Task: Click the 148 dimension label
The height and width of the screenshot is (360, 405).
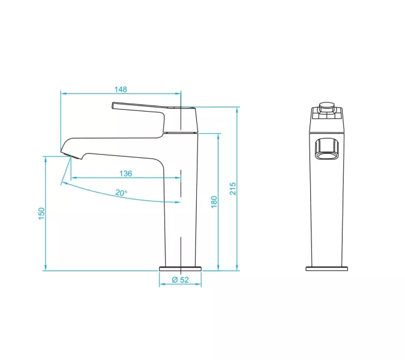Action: [x=121, y=89]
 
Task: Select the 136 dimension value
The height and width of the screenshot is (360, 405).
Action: [x=126, y=173]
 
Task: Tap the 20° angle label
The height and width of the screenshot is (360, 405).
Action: [x=121, y=193]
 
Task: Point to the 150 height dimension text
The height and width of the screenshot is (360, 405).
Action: [x=41, y=214]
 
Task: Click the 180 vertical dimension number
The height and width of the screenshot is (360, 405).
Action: [x=214, y=202]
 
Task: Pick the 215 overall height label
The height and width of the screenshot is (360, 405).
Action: [x=233, y=188]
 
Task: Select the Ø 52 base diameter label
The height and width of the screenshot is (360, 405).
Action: [x=180, y=280]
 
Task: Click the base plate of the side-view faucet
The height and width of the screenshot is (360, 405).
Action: [x=180, y=269]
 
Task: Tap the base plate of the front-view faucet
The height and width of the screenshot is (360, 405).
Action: [x=327, y=269]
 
